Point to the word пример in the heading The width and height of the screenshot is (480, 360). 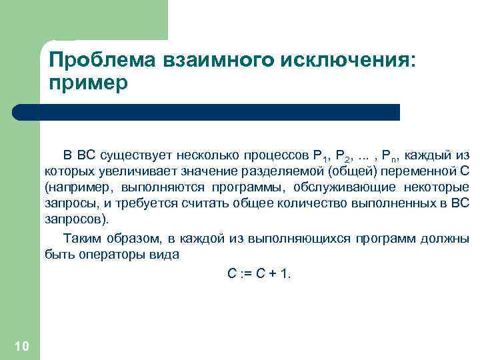pos(87,85)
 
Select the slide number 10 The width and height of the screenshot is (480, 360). pos(21,345)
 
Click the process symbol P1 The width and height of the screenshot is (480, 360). pos(319,157)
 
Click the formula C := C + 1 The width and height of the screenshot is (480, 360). pos(256,273)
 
